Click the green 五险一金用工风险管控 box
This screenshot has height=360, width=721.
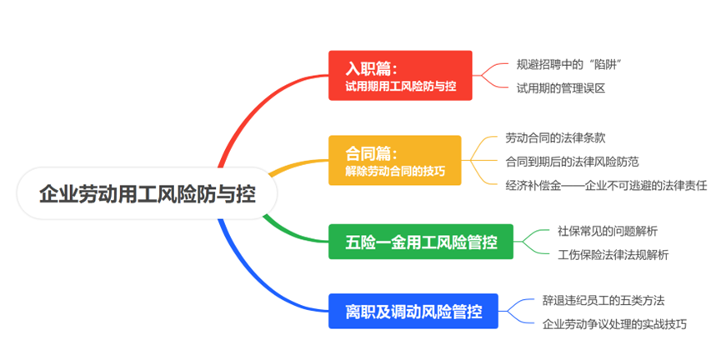pos(421,242)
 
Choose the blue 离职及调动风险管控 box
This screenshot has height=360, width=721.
pos(413,312)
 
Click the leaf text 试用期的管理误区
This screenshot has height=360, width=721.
pos(559,87)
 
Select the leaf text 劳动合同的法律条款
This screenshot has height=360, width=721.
pos(560,137)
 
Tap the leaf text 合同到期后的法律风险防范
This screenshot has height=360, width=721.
pos(572,161)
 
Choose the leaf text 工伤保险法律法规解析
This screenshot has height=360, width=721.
pos(613,255)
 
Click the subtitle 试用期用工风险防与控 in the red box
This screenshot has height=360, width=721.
pos(401,85)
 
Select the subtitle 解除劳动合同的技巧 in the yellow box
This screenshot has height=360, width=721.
pos(395,172)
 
